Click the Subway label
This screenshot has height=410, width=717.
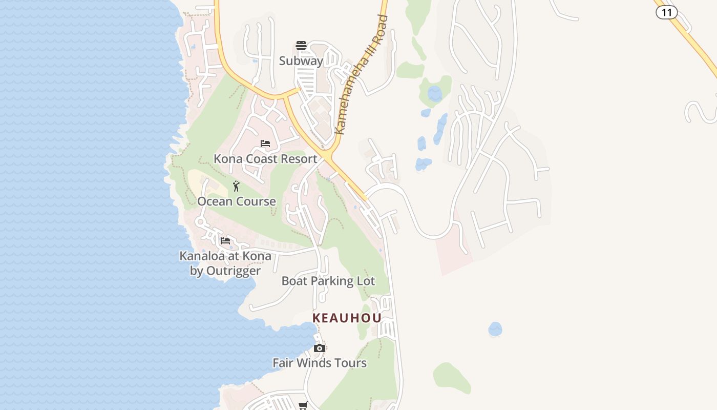(301, 61)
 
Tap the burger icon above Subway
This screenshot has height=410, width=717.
(301, 46)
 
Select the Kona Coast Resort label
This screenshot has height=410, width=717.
(265, 159)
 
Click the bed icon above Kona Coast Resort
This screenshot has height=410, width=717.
(265, 143)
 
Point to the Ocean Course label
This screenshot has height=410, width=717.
(237, 201)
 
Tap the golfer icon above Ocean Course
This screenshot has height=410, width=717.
(236, 186)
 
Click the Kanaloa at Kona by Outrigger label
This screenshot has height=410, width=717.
(225, 263)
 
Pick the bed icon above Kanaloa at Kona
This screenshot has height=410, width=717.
(225, 240)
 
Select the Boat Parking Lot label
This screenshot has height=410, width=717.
(328, 281)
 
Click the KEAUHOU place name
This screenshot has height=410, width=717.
(347, 318)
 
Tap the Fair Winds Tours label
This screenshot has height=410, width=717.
(320, 363)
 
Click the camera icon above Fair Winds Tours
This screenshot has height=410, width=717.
(320, 348)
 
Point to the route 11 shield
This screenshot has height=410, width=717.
(666, 12)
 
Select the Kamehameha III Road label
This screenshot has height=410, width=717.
(361, 75)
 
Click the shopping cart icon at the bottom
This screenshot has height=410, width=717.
(303, 405)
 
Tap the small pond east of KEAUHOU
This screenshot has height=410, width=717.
(495, 329)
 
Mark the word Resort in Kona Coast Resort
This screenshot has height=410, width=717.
(300, 159)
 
